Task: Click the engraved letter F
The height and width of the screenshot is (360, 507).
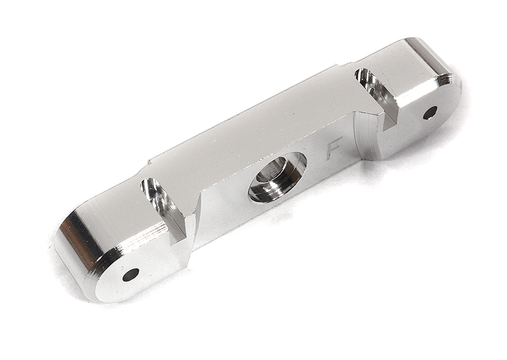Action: tap(334, 148)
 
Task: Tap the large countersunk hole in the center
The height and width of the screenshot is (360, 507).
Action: tap(277, 177)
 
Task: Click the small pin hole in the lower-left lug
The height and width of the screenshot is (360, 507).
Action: tap(131, 274)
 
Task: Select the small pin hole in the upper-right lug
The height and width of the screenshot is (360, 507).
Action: tap(430, 113)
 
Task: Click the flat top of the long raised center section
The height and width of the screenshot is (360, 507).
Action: tap(253, 127)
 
